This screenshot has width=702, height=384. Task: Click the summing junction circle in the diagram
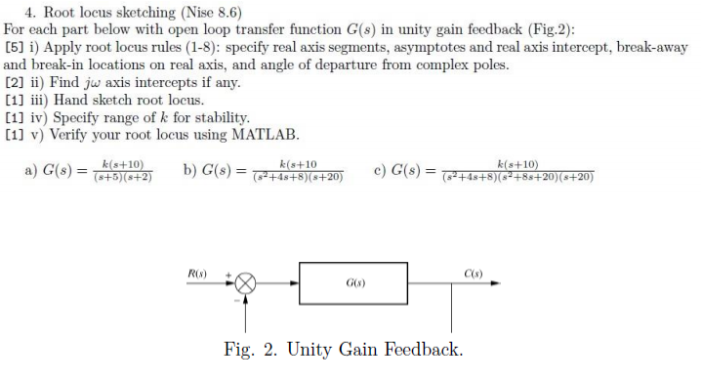[245, 283]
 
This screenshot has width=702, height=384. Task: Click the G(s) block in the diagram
[352, 283]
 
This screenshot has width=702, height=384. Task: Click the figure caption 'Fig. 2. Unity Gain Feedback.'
[343, 350]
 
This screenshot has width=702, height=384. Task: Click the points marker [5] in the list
[15, 47]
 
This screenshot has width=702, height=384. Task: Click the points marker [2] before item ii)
[15, 82]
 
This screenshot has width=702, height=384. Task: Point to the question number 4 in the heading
[28, 13]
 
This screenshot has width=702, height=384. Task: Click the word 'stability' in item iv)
[207, 117]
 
